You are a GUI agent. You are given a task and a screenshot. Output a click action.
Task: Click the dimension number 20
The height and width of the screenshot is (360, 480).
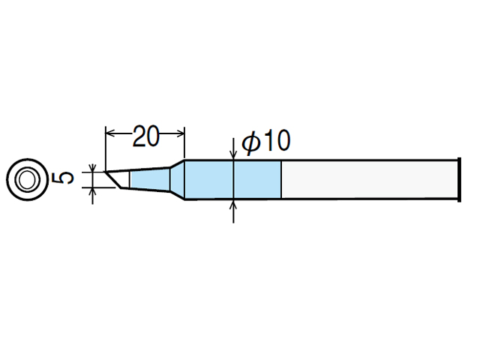click(146, 135)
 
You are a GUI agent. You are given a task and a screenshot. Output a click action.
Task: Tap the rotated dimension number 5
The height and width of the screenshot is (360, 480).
click(63, 178)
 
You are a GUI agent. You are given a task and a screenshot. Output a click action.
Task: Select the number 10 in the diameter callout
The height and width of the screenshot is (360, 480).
click(277, 140)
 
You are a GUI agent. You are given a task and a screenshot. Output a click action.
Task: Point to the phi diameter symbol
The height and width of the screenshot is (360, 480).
click(251, 142)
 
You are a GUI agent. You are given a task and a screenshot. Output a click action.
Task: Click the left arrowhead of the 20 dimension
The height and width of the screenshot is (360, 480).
click(109, 133)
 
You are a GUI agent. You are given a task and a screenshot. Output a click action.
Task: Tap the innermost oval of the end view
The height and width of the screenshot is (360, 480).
click(27, 180)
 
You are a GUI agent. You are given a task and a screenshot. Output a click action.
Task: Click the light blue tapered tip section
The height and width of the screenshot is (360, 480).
click(150, 180)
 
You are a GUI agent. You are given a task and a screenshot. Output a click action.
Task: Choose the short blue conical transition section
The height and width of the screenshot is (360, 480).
click(178, 180)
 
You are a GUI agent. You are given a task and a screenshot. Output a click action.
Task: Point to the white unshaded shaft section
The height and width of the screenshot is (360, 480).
click(370, 180)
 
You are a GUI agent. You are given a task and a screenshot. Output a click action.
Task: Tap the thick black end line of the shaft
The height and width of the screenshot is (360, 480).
click(459, 180)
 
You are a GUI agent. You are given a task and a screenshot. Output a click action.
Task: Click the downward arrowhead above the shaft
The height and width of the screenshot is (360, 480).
click(233, 155)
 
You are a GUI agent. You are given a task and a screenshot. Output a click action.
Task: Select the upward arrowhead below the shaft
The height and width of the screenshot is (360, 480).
click(233, 204)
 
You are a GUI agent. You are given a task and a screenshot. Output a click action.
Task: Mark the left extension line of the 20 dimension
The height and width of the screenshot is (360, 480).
click(105, 149)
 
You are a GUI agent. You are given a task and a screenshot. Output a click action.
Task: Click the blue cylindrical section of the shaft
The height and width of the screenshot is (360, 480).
click(233, 180)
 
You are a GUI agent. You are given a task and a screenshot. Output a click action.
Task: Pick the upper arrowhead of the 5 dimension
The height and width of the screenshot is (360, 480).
click(93, 168)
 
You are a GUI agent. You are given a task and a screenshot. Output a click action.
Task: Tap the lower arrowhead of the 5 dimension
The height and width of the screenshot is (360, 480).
click(93, 192)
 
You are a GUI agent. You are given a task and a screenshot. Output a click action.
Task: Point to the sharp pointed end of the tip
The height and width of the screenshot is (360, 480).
click(106, 172)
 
